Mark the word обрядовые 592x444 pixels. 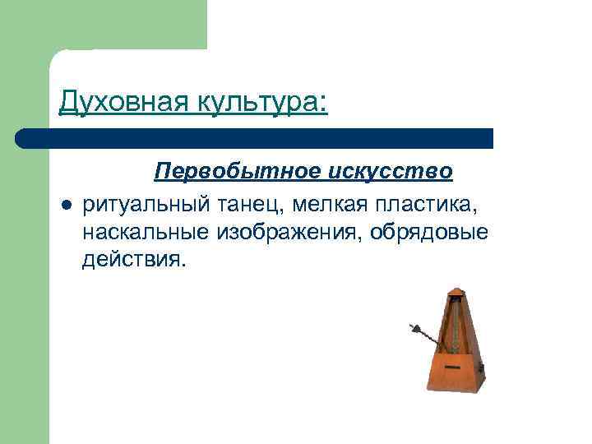[429, 232]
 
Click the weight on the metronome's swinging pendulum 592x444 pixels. [425, 332]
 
